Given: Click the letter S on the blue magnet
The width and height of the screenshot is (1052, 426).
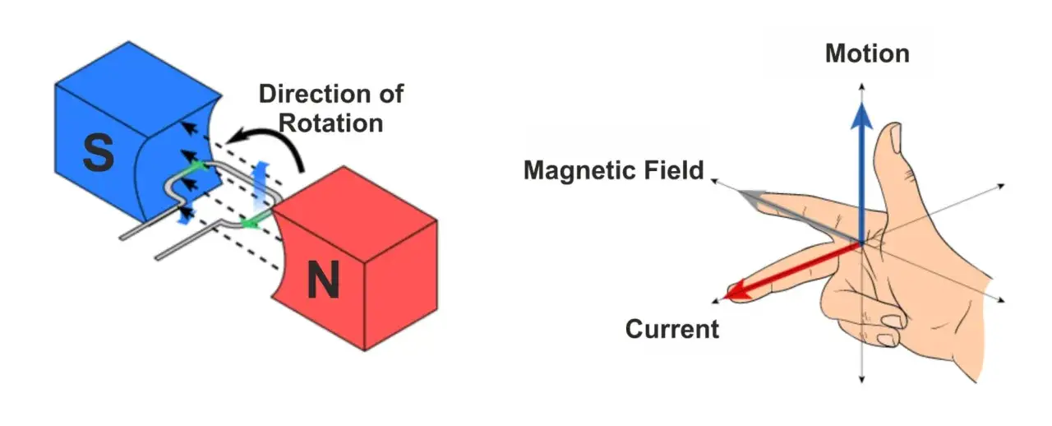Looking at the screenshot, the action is pyautogui.click(x=98, y=152).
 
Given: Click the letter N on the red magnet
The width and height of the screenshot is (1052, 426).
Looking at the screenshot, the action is pyautogui.click(x=323, y=279).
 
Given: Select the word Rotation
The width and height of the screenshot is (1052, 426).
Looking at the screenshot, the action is pyautogui.click(x=330, y=123).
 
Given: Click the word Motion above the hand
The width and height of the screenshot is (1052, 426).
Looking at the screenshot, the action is pyautogui.click(x=867, y=53).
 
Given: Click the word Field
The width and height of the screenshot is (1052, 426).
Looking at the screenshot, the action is pyautogui.click(x=674, y=169).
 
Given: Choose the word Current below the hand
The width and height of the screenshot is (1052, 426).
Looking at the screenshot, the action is pyautogui.click(x=672, y=329).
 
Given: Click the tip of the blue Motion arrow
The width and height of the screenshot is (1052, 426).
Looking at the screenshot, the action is pyautogui.click(x=861, y=104).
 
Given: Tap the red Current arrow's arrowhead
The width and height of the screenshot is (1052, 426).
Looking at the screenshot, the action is pyautogui.click(x=737, y=290).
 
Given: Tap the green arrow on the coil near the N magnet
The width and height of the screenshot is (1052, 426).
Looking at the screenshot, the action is pyautogui.click(x=250, y=222).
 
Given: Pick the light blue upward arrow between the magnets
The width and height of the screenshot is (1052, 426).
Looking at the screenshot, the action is pyautogui.click(x=260, y=187).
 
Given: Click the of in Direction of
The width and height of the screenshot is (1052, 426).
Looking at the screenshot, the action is pyautogui.click(x=391, y=94).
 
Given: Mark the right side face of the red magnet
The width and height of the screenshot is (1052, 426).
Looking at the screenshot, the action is pyautogui.click(x=401, y=285).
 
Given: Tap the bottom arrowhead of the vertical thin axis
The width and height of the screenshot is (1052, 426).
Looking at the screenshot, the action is pyautogui.click(x=861, y=380).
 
